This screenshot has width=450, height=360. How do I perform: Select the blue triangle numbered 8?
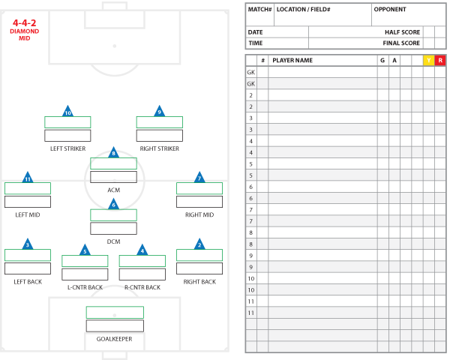click(113, 154)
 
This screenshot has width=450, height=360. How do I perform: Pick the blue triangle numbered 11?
click(28, 178)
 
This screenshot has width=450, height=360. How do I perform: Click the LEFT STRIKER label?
click(67, 148)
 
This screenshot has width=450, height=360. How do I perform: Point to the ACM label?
click(113, 190)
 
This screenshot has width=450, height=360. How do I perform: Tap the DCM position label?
click(113, 241)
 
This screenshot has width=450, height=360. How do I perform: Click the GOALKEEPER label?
click(114, 339)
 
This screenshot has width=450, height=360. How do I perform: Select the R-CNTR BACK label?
click(142, 287)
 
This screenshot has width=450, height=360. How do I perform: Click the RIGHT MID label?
click(199, 214)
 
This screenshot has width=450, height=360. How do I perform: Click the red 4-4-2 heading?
click(25, 23)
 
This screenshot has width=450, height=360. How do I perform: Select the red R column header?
click(440, 60)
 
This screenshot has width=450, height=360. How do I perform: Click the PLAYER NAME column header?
click(292, 60)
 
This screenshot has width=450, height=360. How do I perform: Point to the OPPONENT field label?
click(390, 10)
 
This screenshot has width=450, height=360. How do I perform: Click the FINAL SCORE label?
click(401, 43)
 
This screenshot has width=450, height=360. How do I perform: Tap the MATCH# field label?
click(259, 10)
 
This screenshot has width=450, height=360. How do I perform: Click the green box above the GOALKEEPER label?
click(114, 312)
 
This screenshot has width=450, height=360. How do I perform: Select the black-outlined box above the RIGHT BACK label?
click(199, 268)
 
